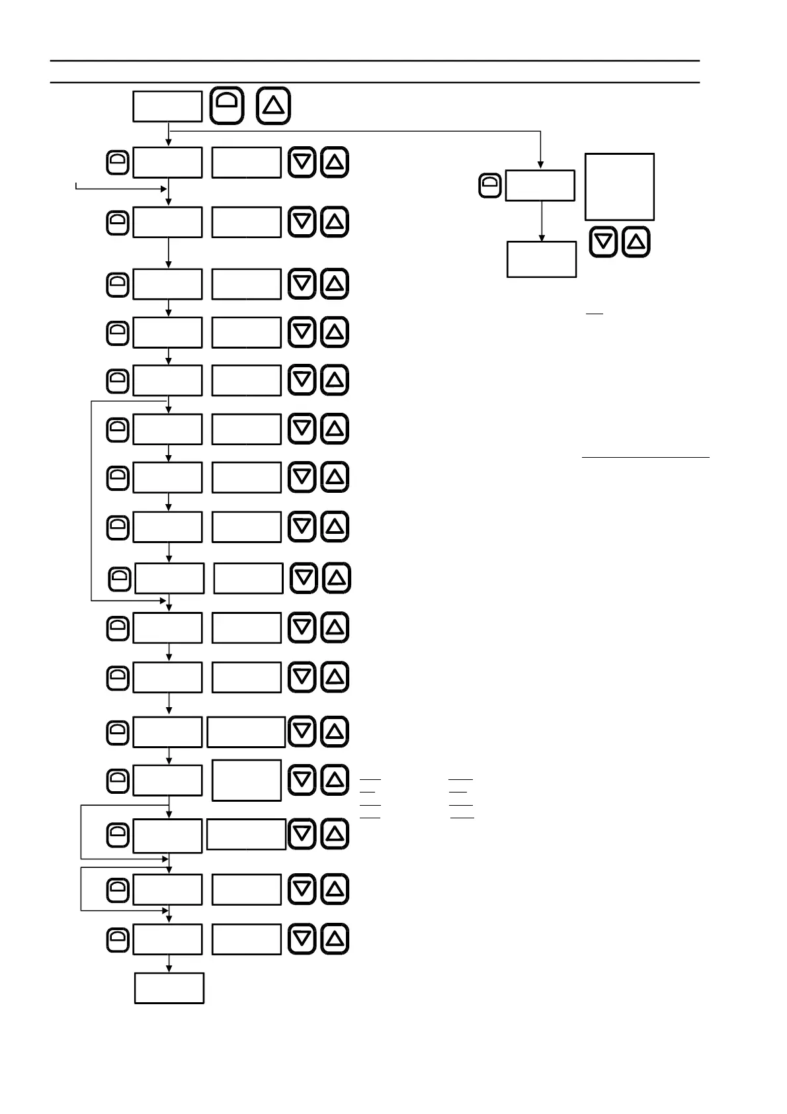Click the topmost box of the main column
[167, 107]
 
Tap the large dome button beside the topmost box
[227, 106]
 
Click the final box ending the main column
[169, 988]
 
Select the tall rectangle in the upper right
[620, 187]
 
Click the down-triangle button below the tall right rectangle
[603, 242]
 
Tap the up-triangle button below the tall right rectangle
[636, 242]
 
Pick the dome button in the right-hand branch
[489, 186]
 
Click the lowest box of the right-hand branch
[542, 259]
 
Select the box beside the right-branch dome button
[540, 186]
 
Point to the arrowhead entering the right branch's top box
[541, 165]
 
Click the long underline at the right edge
[645, 457]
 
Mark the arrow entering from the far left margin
[119, 189]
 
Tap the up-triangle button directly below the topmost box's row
[335, 163]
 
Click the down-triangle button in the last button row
[302, 939]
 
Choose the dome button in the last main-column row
[118, 939]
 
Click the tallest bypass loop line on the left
[91, 501]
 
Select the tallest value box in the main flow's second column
[247, 780]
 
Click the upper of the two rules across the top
[375, 61]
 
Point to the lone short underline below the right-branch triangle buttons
[595, 313]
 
